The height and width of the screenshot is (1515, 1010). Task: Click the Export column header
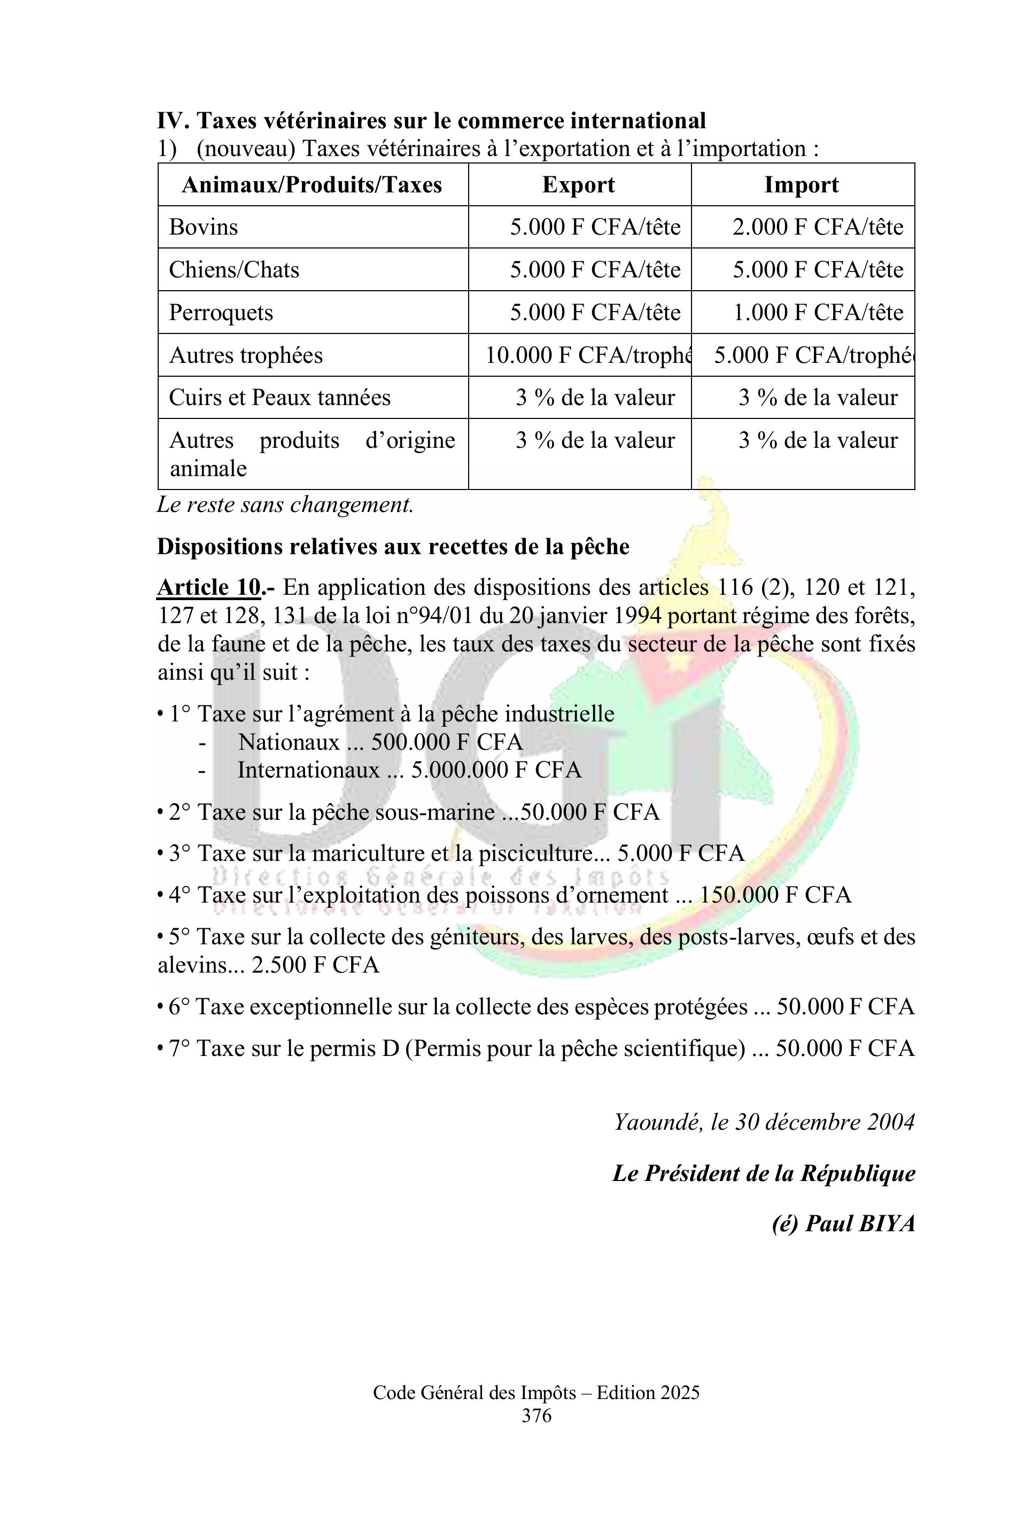(578, 185)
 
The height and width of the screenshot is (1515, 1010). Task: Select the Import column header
(801, 185)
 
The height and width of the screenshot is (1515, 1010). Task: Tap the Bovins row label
(204, 227)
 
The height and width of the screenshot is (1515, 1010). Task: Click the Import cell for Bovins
(818, 227)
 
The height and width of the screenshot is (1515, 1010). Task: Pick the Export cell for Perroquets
(595, 313)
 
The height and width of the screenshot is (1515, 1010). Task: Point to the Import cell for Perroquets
(818, 313)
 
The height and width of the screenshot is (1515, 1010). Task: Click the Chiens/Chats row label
(235, 269)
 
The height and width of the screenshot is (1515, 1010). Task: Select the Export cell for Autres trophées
(587, 355)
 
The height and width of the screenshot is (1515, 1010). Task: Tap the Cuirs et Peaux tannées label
(279, 398)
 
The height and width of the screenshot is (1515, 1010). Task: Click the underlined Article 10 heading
(210, 587)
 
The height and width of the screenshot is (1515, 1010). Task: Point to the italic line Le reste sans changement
(285, 504)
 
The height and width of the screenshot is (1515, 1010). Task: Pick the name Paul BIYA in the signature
(860, 1223)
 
